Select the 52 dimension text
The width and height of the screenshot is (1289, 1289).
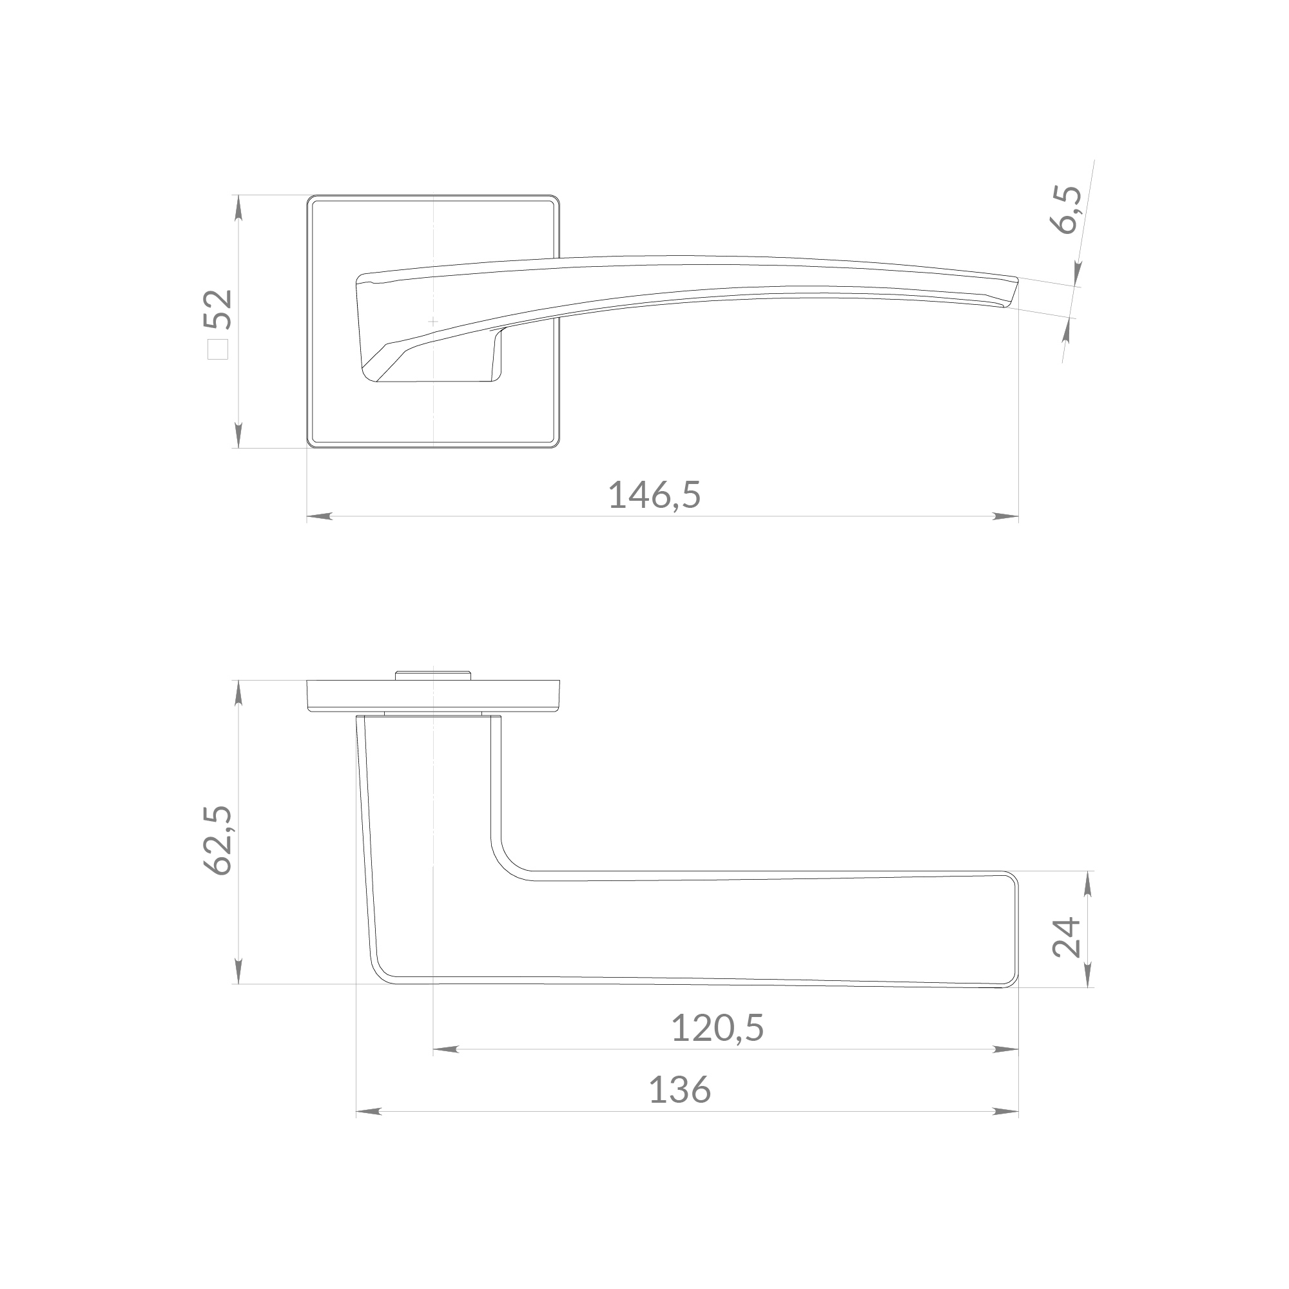(218, 309)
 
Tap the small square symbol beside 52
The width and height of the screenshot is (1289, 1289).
(218, 349)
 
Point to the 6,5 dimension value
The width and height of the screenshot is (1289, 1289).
(1065, 209)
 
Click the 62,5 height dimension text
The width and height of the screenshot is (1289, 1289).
(218, 840)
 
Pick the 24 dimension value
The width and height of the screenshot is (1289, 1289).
(1066, 937)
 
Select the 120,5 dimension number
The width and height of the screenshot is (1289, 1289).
(717, 1028)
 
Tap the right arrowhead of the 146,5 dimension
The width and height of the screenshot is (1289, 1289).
(1005, 516)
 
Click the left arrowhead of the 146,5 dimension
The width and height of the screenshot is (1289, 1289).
(320, 516)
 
